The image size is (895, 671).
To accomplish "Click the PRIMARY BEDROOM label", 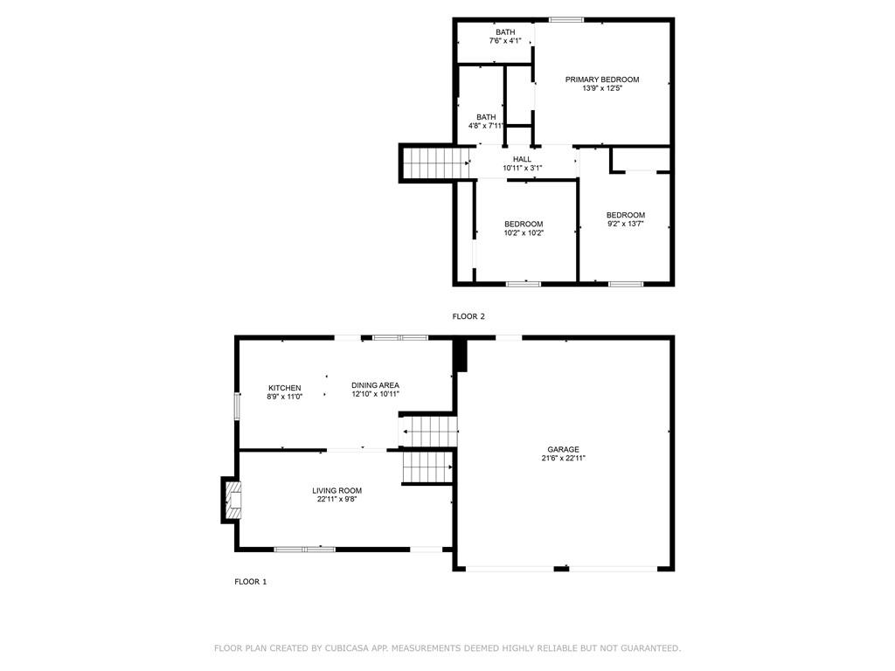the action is tap(601, 80).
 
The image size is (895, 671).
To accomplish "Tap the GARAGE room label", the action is tap(563, 449).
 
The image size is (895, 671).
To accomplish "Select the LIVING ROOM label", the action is tap(336, 490).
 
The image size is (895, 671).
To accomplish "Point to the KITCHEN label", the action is tap(284, 387).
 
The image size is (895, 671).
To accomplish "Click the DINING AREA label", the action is tap(375, 385).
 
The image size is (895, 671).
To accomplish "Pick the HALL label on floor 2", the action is tap(522, 159).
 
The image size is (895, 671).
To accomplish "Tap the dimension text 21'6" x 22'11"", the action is tap(564, 458).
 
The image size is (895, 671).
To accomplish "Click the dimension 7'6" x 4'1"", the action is tap(505, 40).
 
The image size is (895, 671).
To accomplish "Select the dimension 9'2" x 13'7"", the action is tap(626, 224).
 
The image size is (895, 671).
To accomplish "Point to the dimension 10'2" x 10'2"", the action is tap(524, 232).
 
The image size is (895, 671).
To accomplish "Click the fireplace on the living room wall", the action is tap(232, 500).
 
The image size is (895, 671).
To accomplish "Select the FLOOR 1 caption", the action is tap(251, 581).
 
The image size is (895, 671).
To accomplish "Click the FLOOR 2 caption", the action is tap(468, 316).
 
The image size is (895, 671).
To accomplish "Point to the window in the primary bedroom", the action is tap(566, 20).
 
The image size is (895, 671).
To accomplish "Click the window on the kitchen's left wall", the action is tap(238, 405).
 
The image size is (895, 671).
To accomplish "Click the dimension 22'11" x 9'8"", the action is tap(336, 499).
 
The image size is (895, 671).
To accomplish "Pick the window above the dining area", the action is tap(400, 338).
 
